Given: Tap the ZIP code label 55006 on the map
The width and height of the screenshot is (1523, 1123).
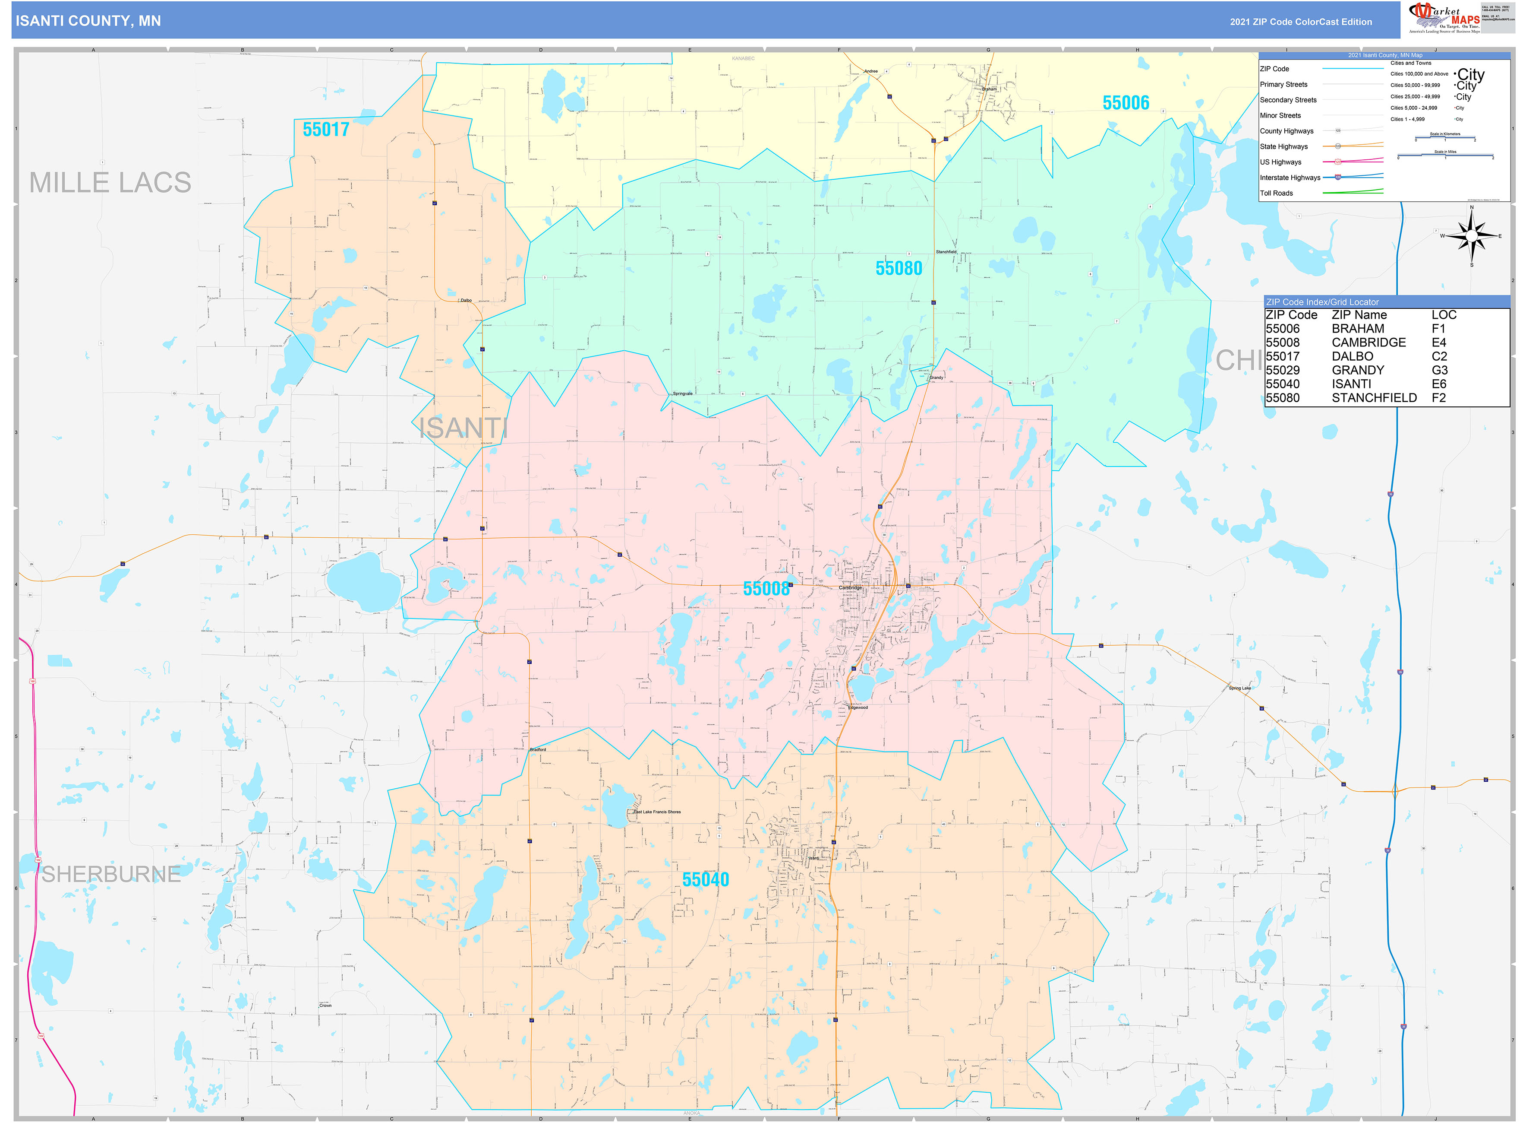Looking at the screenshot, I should tap(1126, 103).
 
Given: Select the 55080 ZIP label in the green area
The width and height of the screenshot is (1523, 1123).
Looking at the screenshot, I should tap(898, 269).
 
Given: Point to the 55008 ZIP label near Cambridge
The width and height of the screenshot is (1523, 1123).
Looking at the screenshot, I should tap(766, 589).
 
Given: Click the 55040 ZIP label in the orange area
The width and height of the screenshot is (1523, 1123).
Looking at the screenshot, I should tap(705, 880).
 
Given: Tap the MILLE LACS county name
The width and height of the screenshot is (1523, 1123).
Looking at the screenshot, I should tap(110, 183).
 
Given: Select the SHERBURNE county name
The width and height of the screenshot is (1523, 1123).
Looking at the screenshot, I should tap(111, 874).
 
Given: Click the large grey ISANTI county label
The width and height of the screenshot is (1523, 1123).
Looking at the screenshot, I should tap(463, 428).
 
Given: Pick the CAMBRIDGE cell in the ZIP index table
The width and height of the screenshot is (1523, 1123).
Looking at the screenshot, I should tap(1368, 343).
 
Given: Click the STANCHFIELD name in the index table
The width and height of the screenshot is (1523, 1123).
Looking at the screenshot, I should tap(1374, 398).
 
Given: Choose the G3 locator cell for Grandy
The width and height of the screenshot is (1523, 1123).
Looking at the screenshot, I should tap(1439, 371).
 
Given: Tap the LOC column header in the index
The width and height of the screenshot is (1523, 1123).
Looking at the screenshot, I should tap(1444, 315).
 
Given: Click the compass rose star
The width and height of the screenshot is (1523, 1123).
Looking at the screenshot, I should tap(1471, 236).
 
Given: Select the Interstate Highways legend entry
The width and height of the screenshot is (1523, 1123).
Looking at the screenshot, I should tap(1290, 178).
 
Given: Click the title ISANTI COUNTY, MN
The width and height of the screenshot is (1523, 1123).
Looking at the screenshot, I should tap(88, 21).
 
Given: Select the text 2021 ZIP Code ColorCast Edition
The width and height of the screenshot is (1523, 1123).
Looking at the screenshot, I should tap(1300, 22).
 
